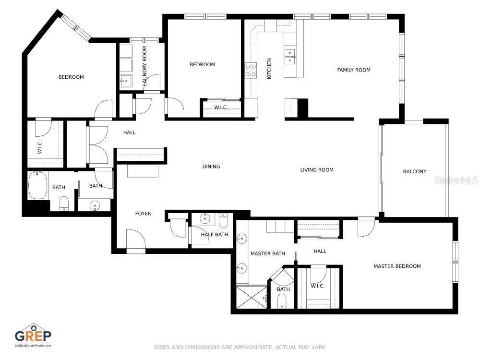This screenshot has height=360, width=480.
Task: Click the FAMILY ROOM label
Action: [354, 70]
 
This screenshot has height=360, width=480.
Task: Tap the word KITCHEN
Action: [269, 69]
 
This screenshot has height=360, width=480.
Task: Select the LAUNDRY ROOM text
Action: [144, 67]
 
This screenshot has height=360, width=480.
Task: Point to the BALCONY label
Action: [414, 171]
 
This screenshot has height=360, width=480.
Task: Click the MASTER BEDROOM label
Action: [397, 266]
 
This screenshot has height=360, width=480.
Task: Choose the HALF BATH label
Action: [214, 235]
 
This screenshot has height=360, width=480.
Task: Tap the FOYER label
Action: [143, 214]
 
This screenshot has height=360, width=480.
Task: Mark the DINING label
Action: [211, 167]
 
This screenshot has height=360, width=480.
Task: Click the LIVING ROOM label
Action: [317, 170]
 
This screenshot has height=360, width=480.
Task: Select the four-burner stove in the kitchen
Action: [251, 71]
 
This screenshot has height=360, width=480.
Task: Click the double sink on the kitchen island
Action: [289, 57]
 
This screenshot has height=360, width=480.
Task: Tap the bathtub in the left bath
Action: [37, 186]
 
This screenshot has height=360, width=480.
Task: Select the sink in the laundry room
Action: [126, 81]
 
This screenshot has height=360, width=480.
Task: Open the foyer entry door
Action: [135, 240]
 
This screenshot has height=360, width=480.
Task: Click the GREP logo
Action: [33, 335]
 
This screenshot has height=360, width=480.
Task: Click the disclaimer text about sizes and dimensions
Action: [240, 347]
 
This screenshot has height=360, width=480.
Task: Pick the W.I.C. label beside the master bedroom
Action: [318, 286]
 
